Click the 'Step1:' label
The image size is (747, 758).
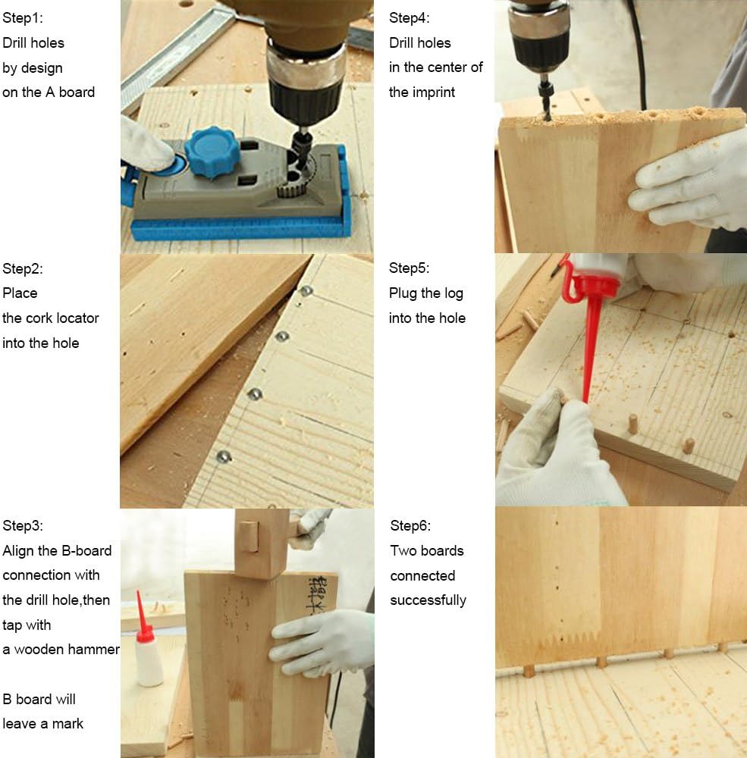click(22, 18)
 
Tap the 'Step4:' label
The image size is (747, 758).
click(409, 18)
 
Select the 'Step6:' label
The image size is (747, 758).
click(410, 525)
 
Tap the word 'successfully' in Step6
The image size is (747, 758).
click(428, 600)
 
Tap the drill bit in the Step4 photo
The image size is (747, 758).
click(546, 99)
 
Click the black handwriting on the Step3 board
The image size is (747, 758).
click(317, 594)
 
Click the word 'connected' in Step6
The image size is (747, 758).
click(422, 576)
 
